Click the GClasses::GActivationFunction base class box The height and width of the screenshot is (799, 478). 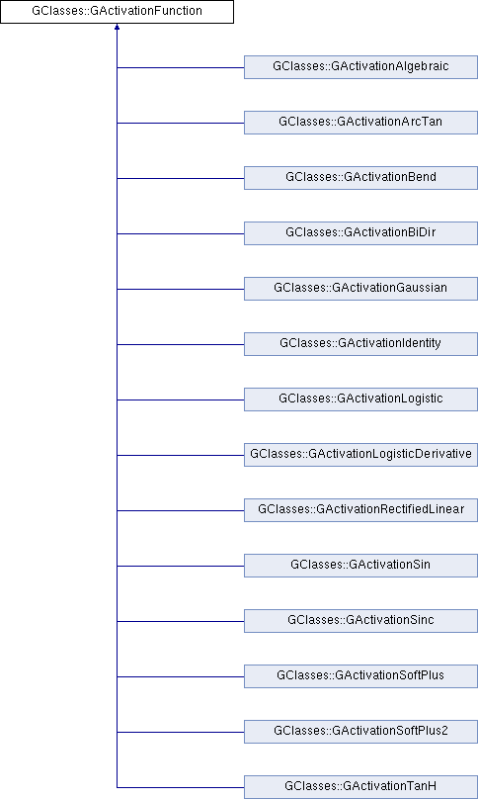tap(117, 12)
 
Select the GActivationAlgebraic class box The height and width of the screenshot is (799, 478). tap(360, 67)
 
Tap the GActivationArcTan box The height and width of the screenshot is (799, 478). tap(360, 123)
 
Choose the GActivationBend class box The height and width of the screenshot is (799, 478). tap(360, 178)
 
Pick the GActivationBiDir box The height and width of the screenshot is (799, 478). tap(360, 233)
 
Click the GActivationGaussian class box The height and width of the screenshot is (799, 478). tap(360, 289)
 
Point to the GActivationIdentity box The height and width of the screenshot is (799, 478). tap(360, 344)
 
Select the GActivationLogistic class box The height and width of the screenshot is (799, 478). tap(360, 399)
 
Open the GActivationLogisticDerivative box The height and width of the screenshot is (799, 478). tap(360, 455)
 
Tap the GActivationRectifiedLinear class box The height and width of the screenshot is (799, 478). tap(360, 510)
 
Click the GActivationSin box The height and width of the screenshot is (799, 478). tap(360, 566)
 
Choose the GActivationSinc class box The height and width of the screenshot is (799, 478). tap(360, 621)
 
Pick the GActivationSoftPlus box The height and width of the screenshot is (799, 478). tap(360, 676)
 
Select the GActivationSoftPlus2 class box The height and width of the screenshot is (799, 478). tap(360, 732)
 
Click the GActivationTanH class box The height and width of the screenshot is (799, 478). tap(360, 787)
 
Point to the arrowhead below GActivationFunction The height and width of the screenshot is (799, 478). tap(118, 27)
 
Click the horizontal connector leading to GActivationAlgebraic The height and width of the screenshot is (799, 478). tap(181, 67)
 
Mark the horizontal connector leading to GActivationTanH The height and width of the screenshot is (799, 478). tap(181, 787)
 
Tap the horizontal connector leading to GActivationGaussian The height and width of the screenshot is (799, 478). tap(181, 289)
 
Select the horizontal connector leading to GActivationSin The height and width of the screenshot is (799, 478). tap(181, 566)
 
